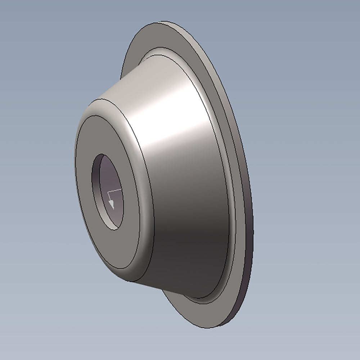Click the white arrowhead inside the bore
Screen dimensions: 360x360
111,204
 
